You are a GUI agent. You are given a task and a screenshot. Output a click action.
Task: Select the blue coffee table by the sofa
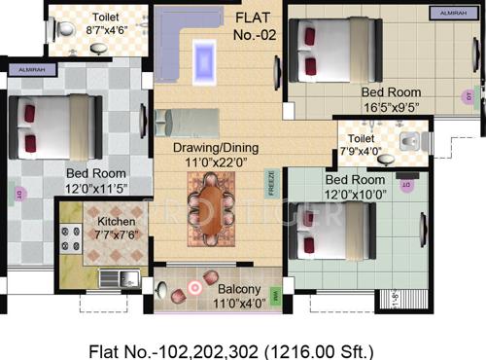(206, 54)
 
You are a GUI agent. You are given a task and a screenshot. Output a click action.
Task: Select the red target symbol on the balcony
(195, 287)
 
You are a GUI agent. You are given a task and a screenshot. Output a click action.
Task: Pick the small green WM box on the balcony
(275, 291)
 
